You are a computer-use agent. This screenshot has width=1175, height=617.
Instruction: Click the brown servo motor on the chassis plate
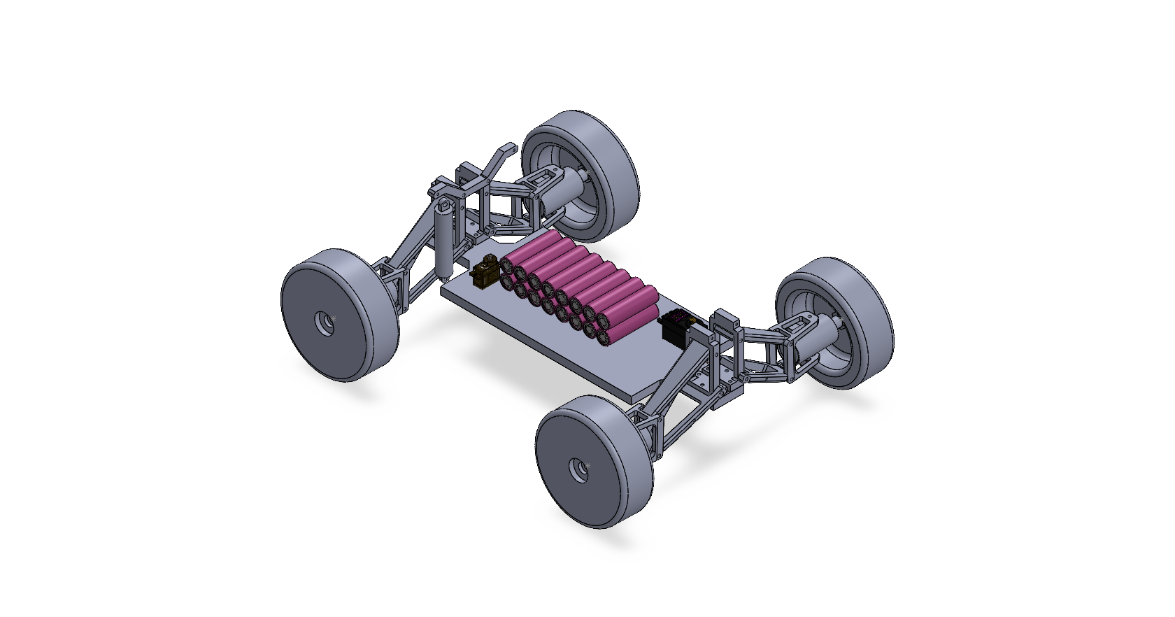pos(484,274)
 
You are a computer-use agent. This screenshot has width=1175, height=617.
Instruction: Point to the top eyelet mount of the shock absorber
pos(443,206)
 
